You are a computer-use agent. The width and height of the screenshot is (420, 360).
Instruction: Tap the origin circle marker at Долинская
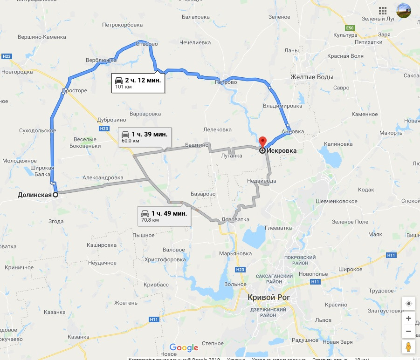tap(55, 195)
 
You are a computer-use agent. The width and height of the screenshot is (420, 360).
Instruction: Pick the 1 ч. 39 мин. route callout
tap(145, 136)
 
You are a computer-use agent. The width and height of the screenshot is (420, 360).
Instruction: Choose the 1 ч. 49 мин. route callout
tap(165, 215)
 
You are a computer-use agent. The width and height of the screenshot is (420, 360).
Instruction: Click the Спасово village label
tap(146, 44)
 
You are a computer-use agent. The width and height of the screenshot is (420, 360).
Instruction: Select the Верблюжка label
tap(101, 61)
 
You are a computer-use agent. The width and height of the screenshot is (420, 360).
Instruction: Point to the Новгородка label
tap(17, 72)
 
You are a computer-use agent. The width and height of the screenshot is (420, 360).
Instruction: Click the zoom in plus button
tap(408, 319)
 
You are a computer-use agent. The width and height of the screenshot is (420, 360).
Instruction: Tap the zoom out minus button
tap(408, 332)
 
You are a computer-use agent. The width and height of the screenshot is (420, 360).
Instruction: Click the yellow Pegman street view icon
tap(408, 347)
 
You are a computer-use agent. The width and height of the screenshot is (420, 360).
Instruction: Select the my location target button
tap(408, 303)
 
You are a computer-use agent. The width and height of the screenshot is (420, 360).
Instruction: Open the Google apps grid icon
tap(383, 10)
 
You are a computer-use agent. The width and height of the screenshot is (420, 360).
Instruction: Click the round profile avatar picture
tap(404, 10)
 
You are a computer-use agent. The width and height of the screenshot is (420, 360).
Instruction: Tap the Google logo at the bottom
tap(184, 347)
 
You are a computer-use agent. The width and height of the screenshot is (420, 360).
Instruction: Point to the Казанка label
tap(78, 337)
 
